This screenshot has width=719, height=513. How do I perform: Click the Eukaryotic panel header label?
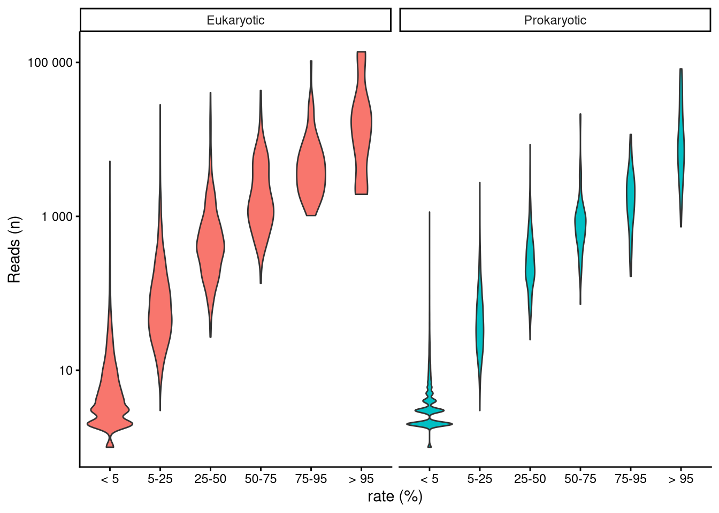point(235,20)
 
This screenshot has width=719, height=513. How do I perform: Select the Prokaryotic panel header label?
point(555,20)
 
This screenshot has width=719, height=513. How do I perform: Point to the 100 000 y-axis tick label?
point(50,63)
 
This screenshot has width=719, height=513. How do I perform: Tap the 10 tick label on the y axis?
point(65,370)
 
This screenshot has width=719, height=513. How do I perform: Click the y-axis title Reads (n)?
point(14,249)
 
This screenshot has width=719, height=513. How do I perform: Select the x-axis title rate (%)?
point(395,496)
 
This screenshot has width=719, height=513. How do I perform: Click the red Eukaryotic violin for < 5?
point(110,417)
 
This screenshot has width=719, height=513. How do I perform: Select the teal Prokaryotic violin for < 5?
point(430,424)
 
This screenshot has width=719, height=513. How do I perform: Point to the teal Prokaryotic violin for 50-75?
point(580,219)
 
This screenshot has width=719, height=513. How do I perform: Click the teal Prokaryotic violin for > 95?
point(681,150)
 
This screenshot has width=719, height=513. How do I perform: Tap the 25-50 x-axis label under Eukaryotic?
point(210,479)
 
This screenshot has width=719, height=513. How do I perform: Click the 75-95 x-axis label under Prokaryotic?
point(631,479)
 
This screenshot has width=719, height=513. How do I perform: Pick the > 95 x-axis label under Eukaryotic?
point(361,479)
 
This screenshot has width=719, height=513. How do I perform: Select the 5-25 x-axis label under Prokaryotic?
point(480,479)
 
